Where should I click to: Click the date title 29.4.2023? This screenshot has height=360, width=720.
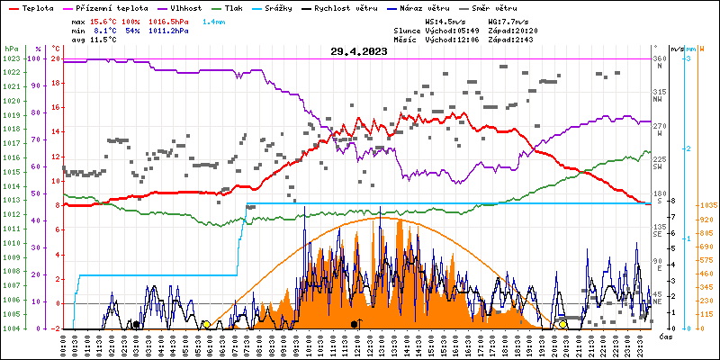tap(358, 51)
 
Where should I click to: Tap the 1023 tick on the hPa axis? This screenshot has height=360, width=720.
tap(11, 58)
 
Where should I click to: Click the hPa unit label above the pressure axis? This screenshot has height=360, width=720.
tap(10, 49)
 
